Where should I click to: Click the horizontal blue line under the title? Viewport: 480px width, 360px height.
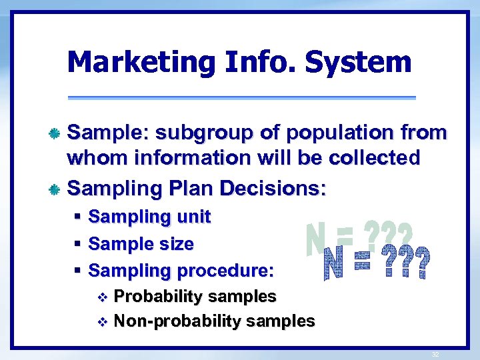click(x=241, y=98)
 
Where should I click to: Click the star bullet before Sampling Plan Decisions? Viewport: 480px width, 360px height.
click(x=57, y=189)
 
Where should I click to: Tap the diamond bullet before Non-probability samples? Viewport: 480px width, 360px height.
click(x=102, y=322)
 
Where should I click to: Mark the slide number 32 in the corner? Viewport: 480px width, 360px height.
click(x=435, y=355)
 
